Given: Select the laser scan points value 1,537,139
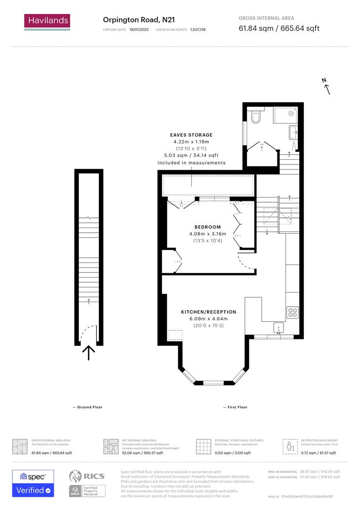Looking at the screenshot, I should [198, 30].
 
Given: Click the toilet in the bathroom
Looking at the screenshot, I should [255, 116].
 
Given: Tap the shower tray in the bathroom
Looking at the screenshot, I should [286, 115].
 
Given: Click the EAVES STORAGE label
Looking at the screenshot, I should [191, 135].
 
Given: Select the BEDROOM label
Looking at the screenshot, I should [207, 227].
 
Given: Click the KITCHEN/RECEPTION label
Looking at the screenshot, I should [209, 312].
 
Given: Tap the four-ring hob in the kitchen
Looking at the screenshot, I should [293, 312].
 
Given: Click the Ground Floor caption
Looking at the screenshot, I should [90, 407].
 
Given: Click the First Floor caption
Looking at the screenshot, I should [237, 407].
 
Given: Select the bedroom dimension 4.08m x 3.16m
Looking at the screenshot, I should [207, 234].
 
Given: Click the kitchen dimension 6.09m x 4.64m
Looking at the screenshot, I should [209, 319].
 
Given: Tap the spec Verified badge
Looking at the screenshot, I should [33, 483].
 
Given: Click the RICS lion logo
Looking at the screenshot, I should [78, 476].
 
